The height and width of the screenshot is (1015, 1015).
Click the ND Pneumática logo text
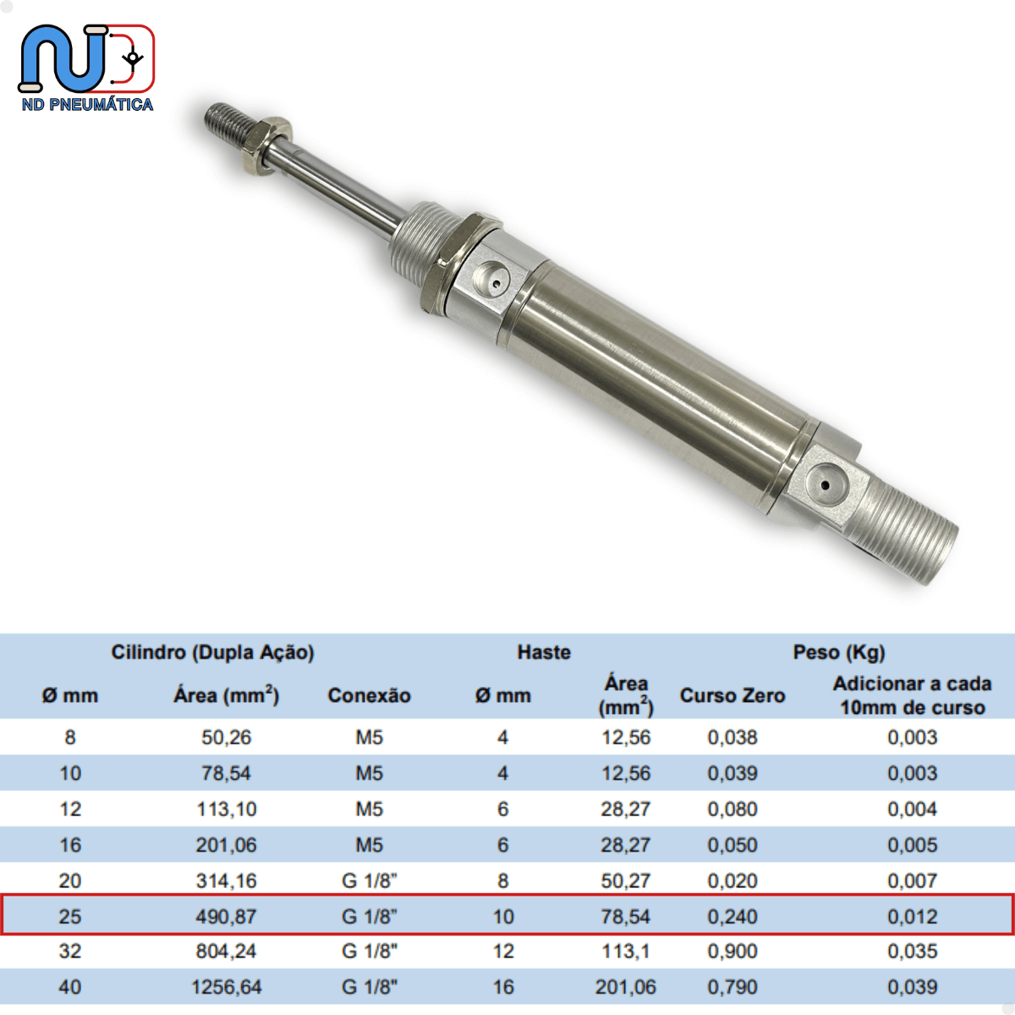click(x=87, y=104)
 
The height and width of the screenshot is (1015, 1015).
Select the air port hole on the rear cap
click(x=825, y=486)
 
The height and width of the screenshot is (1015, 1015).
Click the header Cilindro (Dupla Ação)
click(x=212, y=652)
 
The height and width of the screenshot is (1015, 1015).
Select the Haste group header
click(x=544, y=652)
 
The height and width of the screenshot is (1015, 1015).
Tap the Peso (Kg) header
click(x=838, y=652)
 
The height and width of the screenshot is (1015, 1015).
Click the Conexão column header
click(x=369, y=695)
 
